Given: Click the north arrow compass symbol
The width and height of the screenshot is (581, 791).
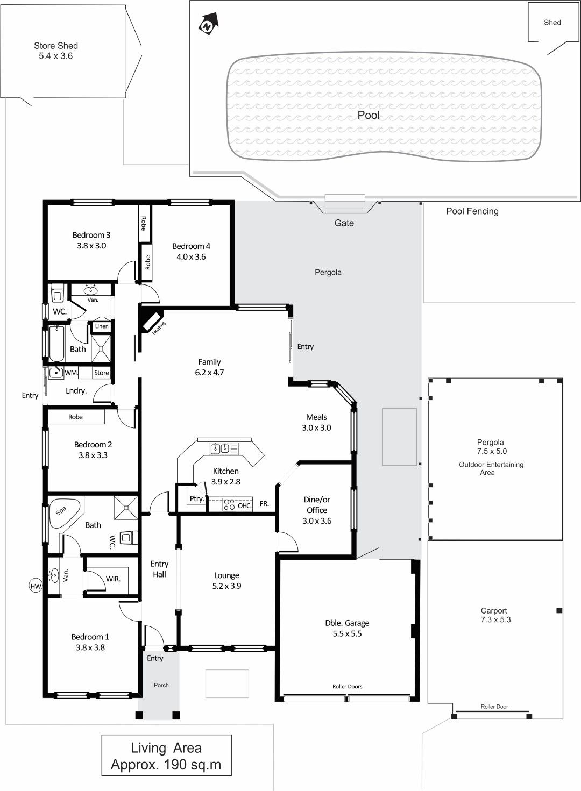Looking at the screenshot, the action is (209, 24).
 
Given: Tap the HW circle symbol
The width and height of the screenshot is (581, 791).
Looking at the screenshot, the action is (36, 587).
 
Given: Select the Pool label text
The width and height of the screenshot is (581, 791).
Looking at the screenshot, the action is (369, 115).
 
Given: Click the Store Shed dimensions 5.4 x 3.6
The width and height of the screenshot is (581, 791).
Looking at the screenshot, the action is (55, 56).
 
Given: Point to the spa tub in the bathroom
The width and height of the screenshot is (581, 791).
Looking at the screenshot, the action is (65, 511).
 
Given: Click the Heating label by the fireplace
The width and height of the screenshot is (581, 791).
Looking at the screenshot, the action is (159, 328).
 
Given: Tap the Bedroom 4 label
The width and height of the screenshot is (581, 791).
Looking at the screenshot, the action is (191, 246).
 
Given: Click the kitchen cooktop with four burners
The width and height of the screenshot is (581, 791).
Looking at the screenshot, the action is (229, 504).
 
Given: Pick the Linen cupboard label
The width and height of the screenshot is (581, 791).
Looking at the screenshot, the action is (102, 326).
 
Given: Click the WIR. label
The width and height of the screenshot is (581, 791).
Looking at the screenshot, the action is (113, 579).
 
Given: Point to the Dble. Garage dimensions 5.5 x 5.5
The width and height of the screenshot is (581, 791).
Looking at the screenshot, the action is (347, 633).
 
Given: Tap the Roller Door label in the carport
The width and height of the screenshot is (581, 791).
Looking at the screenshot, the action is (494, 707).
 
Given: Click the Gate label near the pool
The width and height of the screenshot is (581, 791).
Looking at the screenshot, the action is (344, 223).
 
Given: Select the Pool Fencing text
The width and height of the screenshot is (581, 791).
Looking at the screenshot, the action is (472, 211).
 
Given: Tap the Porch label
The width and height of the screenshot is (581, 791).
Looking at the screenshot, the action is (161, 685).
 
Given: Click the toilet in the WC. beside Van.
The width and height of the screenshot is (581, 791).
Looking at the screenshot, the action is (58, 295).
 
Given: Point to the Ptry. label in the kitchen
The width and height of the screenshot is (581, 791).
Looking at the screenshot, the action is (197, 498).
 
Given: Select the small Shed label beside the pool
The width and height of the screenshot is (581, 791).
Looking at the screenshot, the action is (552, 23).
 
